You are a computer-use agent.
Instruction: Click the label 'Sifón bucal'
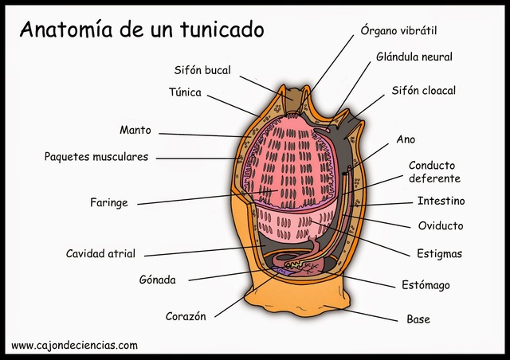[202, 70]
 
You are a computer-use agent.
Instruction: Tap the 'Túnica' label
[185, 92]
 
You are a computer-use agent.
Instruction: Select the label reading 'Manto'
[135, 130]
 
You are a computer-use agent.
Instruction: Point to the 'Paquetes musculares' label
[96, 157]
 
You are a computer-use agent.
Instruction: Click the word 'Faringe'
[108, 202]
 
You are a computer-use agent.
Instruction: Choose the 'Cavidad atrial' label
[100, 254]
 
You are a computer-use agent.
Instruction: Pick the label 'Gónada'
[157, 280]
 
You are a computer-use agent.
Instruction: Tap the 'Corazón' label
[186, 316]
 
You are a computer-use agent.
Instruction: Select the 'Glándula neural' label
[414, 57]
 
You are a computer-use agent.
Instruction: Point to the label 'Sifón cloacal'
[423, 91]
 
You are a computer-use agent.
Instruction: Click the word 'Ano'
[406, 139]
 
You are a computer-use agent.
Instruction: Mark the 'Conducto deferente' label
[434, 172]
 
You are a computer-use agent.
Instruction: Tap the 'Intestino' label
[441, 201]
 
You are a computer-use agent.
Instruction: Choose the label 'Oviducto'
[441, 226]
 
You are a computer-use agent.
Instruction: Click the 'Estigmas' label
[439, 254]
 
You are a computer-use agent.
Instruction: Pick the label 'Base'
[418, 319]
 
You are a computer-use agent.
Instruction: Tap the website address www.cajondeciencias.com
[74, 346]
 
